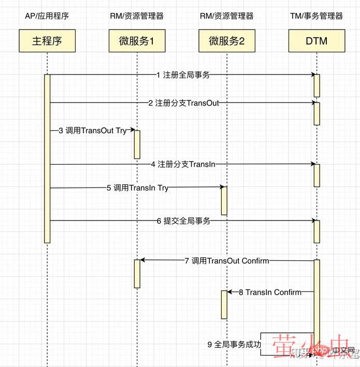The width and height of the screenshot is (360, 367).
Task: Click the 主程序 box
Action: click(47, 41)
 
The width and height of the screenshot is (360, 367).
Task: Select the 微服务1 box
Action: click(137, 41)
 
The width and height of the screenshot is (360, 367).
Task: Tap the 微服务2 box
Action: click(226, 41)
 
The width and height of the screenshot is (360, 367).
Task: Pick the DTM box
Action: click(316, 41)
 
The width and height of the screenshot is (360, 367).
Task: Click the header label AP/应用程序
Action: click(47, 16)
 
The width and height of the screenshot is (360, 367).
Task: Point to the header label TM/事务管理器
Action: click(316, 16)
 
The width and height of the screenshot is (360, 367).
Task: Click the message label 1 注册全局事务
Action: click(183, 75)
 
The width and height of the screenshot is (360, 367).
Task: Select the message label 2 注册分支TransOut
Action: click(183, 103)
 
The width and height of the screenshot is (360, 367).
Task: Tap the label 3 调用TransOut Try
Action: click(96, 131)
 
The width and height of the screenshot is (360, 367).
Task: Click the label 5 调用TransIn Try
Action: click(137, 188)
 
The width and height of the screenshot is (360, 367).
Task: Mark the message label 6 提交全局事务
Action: click(183, 221)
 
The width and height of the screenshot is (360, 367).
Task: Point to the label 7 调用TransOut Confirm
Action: click(226, 260)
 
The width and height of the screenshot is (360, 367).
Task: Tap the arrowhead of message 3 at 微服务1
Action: click(132, 131)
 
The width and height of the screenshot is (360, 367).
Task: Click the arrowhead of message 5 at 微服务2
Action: click(221, 188)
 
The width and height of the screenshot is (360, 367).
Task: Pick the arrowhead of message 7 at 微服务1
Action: click(142, 260)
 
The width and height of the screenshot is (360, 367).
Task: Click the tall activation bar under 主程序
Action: click(47, 158)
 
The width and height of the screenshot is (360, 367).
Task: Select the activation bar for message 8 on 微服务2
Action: click(224, 304)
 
